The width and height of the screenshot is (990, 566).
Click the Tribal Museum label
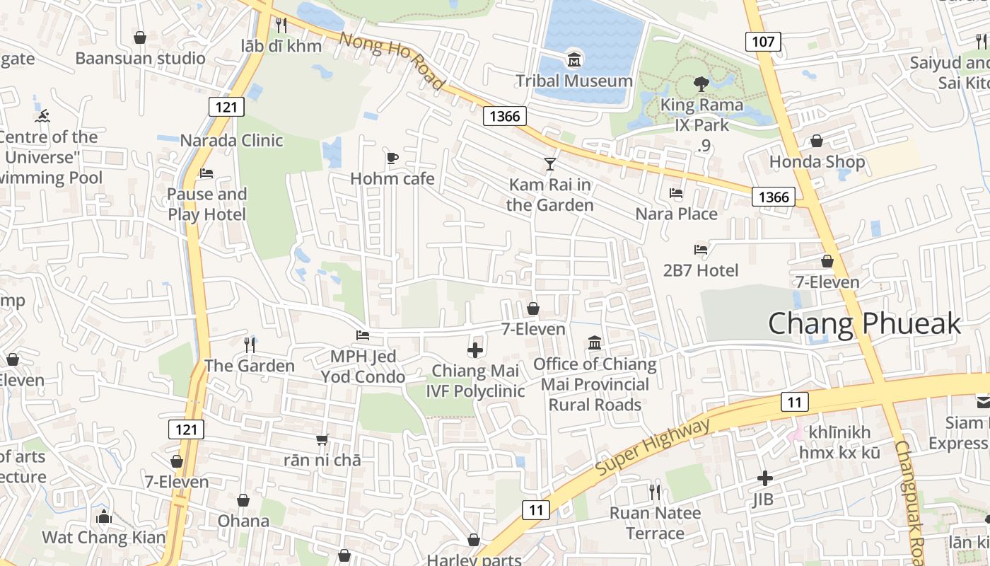(x=573, y=81)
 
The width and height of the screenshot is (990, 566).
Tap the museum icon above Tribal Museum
(x=573, y=58)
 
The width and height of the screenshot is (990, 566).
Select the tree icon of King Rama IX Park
(x=701, y=84)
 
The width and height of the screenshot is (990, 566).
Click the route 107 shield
(x=762, y=42)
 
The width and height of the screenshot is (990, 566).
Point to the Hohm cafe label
(x=392, y=179)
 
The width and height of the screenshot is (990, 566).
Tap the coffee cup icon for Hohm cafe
(x=392, y=158)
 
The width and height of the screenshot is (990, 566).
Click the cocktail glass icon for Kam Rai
(x=550, y=164)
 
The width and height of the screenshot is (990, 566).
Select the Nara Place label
(x=676, y=214)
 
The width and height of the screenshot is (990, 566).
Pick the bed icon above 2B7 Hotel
(x=701, y=249)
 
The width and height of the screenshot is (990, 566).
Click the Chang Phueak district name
(x=864, y=324)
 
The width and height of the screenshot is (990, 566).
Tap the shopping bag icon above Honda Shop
(x=817, y=141)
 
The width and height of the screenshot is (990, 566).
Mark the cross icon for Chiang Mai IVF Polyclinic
(x=475, y=350)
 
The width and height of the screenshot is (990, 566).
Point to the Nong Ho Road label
(x=392, y=61)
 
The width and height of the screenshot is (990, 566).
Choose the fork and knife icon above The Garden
(x=249, y=345)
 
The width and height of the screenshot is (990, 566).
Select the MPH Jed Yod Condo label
(x=363, y=366)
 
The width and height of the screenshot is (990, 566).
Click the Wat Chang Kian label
(x=103, y=538)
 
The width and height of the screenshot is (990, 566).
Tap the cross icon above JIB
(x=764, y=478)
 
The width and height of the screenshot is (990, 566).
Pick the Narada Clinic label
(x=231, y=140)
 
